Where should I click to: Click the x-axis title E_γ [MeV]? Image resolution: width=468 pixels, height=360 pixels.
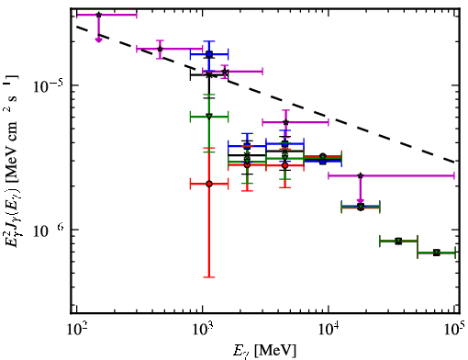[x=264, y=351]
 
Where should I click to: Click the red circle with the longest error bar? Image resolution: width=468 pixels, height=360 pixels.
[x=209, y=184]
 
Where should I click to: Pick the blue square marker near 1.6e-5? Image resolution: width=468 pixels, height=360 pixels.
[x=209, y=54]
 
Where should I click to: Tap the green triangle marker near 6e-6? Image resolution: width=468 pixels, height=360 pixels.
[x=209, y=116]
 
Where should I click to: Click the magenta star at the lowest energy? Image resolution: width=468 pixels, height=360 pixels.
[x=98, y=15]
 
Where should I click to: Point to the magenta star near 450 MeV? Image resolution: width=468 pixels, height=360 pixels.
[x=160, y=49]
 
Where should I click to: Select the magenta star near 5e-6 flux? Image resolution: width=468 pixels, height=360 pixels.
[x=285, y=122]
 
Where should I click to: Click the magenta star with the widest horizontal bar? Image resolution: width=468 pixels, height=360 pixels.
[x=361, y=175]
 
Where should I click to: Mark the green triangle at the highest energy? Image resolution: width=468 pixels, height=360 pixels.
[x=437, y=253]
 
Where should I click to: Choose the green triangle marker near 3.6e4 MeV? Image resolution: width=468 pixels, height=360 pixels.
[x=398, y=242]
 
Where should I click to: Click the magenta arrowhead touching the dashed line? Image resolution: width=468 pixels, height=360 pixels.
[x=98, y=39]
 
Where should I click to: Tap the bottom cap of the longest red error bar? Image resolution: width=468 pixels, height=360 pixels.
[x=209, y=277]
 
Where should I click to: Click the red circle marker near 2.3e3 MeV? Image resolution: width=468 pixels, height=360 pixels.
[x=247, y=164]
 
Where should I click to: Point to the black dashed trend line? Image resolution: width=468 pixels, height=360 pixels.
[x=265, y=95]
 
